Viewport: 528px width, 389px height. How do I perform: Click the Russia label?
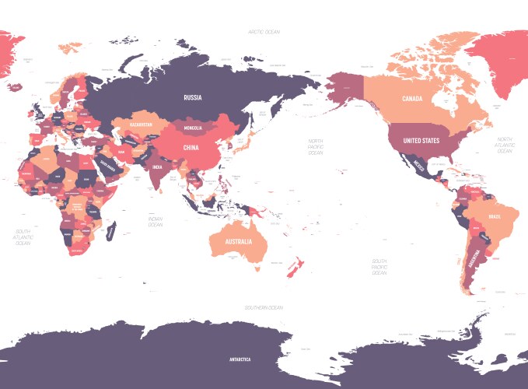tap(193, 98)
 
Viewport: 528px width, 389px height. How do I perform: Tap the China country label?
tap(191, 146)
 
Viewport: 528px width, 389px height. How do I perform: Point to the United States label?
tap(421, 141)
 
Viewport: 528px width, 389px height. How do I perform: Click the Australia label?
tap(238, 241)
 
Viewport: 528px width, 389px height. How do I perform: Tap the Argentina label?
tap(472, 261)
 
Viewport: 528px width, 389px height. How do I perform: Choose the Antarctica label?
tap(240, 359)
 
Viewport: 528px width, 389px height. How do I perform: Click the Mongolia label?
tap(193, 127)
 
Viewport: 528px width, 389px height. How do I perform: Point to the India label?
tap(156, 166)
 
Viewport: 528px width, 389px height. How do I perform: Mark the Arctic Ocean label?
tap(264, 32)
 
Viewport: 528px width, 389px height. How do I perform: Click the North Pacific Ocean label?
tap(315, 145)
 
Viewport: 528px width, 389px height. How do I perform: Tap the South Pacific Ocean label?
tap(379, 267)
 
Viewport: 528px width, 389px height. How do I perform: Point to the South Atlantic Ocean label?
tap(23, 237)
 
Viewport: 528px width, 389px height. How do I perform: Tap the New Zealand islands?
tap(293, 268)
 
